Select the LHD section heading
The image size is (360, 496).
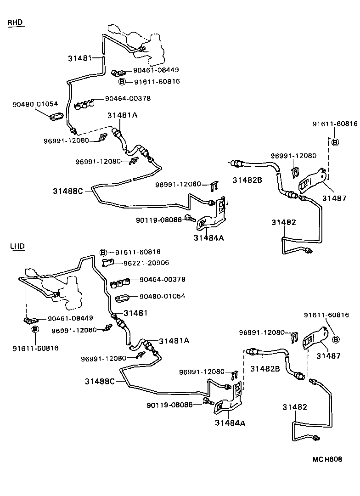tap(17, 246)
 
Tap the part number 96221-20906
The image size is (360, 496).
tap(146, 263)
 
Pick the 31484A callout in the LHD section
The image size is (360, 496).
tap(230, 423)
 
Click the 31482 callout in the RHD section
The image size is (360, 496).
tap(283, 222)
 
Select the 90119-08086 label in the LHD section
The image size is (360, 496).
tap(169, 405)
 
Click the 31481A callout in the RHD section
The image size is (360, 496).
tap(122, 115)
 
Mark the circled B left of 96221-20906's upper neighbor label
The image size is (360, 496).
tap(103, 253)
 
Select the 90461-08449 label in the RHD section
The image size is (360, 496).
tap(156, 70)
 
